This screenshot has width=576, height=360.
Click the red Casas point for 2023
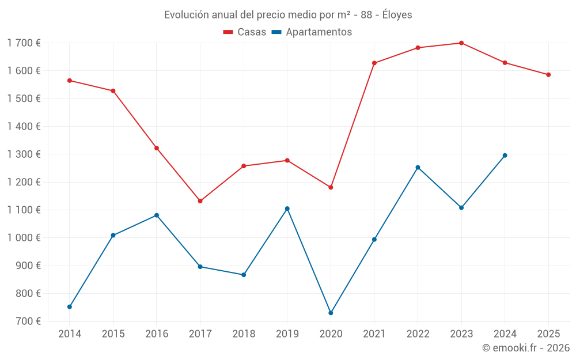point(461,43)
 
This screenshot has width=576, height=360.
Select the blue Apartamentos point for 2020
point(331,313)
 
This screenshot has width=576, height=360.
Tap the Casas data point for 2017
point(200,201)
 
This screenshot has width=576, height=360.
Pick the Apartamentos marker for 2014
point(70,307)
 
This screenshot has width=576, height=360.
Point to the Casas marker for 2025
point(548,75)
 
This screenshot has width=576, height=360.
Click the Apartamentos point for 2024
point(505,156)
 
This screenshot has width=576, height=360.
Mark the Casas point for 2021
point(374,63)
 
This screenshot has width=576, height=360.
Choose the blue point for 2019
point(287,209)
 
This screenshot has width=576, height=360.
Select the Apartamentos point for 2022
point(418,168)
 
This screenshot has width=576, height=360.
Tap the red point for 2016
point(157,148)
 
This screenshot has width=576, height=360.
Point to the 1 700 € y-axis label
point(24,43)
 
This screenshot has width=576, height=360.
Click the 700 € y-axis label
point(29,321)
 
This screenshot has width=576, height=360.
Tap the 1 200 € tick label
point(24,182)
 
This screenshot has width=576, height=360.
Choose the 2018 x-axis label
point(244,334)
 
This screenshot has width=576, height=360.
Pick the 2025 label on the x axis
point(548,334)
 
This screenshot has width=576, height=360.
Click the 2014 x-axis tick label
point(70,334)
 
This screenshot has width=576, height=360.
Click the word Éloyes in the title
point(397,14)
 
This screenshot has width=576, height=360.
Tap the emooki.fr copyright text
point(526,348)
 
